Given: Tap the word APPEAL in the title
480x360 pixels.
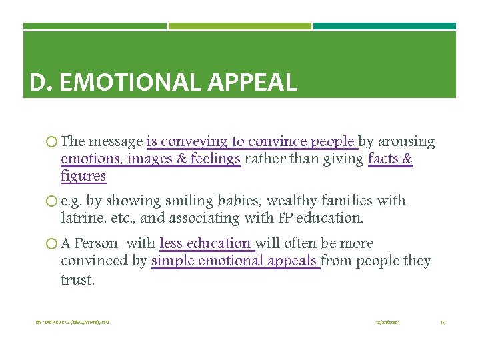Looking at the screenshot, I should [253, 83].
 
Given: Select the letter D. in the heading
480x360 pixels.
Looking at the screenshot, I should [41, 83].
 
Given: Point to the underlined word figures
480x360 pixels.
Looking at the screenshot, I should [83, 176].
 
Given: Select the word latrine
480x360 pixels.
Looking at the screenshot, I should [81, 218].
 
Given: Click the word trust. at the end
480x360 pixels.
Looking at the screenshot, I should [77, 279].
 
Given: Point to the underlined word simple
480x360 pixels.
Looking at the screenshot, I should [172, 261].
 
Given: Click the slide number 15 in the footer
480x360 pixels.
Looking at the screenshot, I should [443, 322].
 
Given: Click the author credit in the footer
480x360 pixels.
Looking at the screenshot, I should [73, 322].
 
